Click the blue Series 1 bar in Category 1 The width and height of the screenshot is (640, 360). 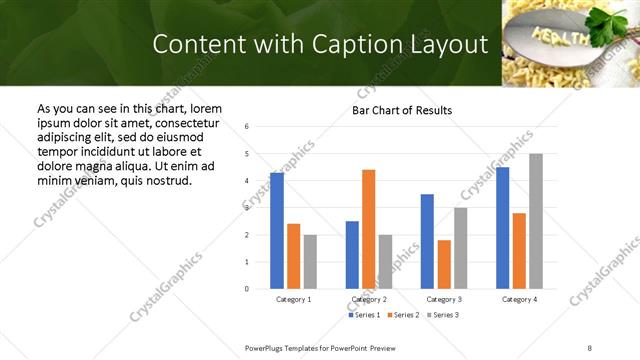coord(277,230)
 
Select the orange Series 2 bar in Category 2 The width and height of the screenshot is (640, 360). coord(368,229)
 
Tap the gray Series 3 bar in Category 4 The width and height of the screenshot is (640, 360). coord(536,221)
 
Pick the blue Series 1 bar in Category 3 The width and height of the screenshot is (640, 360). coord(427,241)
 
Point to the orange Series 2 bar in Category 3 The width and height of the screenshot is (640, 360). coord(444,264)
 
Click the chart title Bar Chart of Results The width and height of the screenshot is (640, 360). coord(402,110)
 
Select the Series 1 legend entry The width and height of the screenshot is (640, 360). coord(364,315)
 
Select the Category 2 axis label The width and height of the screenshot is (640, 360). coord(369,299)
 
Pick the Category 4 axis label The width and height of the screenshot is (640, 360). coord(519,299)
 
